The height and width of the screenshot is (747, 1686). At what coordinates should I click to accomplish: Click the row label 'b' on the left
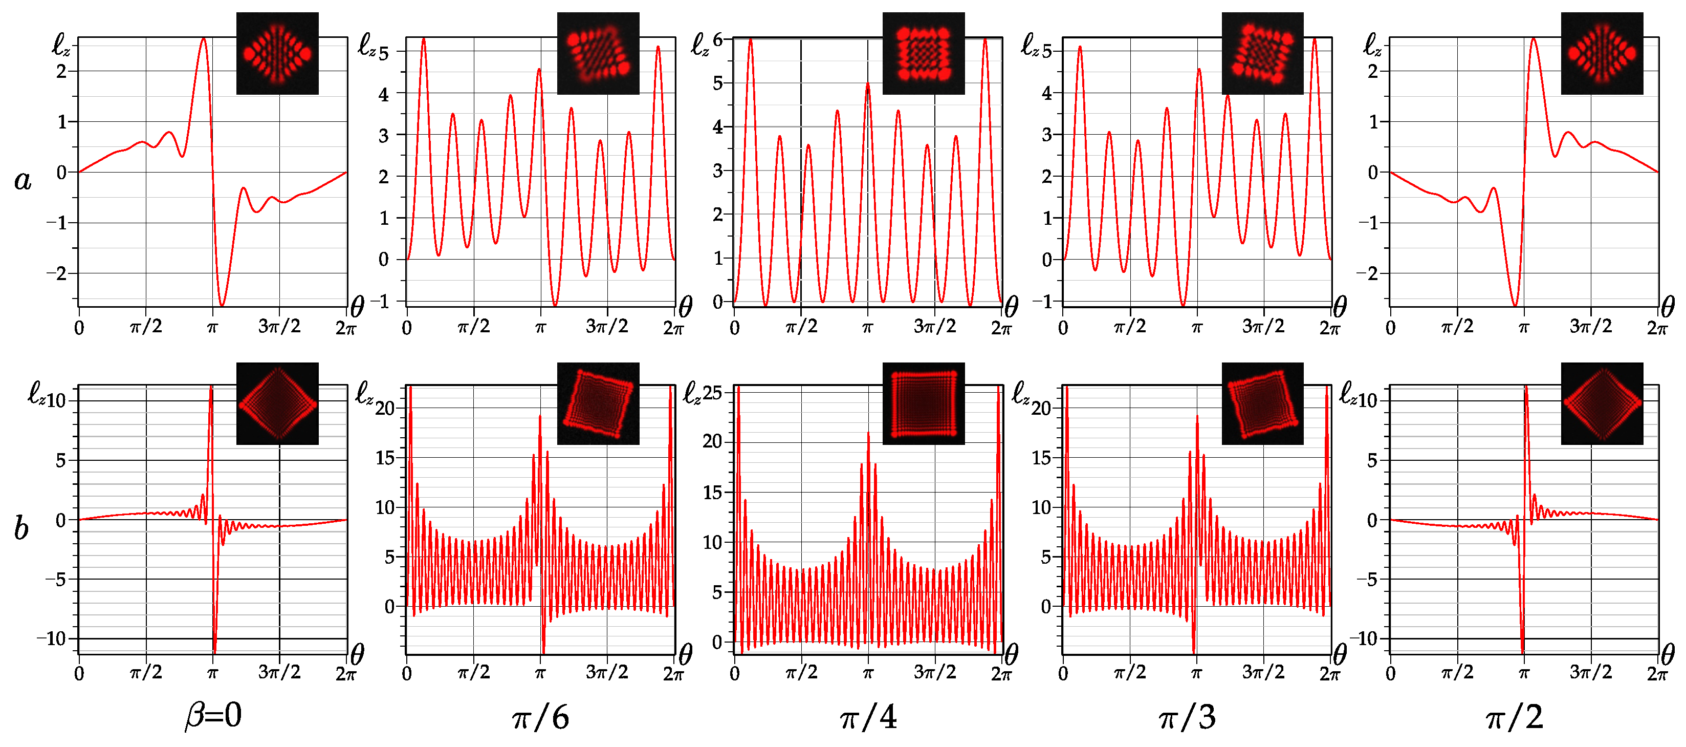coord(21,528)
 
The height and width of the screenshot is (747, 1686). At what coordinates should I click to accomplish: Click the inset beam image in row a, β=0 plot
coord(277,54)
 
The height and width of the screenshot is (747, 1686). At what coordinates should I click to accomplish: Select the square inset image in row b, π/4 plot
coord(924,404)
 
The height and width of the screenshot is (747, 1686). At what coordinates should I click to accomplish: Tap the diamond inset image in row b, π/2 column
coord(1602,404)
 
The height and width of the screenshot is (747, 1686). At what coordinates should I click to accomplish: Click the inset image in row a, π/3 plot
coord(1262,54)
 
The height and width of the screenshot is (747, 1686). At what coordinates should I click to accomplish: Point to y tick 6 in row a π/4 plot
coord(718,40)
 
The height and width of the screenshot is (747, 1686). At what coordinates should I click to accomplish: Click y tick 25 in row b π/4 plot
coord(712,393)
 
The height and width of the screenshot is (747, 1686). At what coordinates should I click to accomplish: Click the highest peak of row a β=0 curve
coord(204,39)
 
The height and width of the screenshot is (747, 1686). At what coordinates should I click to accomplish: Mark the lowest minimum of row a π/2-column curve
coord(1515,305)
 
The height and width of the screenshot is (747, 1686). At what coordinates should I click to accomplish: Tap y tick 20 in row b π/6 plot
coord(385,409)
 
